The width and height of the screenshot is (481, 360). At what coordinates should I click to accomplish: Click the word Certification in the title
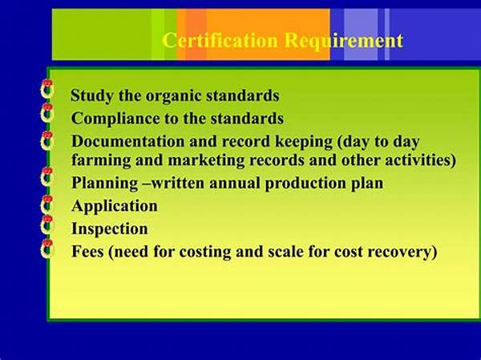click(210, 40)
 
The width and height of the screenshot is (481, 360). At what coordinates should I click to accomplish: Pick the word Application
click(115, 206)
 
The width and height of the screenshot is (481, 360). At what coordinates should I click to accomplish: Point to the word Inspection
click(110, 229)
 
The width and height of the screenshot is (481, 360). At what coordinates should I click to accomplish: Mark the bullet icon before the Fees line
click(47, 248)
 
